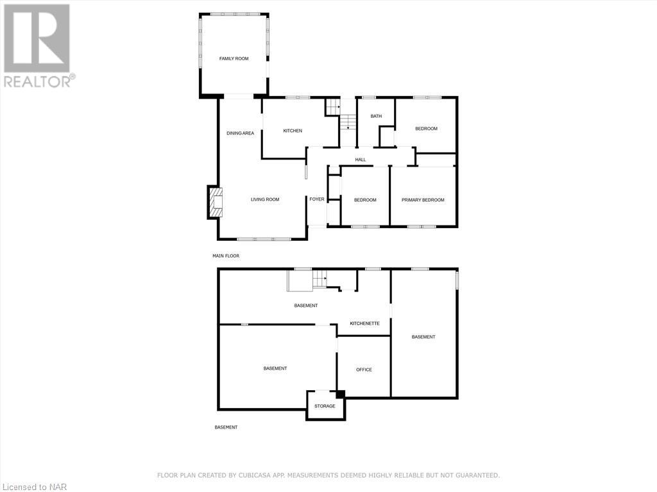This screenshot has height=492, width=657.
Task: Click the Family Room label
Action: pos(234,59)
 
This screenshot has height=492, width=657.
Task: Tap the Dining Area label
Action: pos(240,133)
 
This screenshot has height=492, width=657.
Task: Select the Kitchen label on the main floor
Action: pos(293,131)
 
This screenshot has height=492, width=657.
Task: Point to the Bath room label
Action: pos(376,116)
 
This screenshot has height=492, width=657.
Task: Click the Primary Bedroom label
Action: pos(423,200)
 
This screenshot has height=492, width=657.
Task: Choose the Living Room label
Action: pos(265,199)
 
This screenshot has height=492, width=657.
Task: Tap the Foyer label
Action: pos(317,199)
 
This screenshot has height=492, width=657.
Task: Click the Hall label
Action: pos(361,160)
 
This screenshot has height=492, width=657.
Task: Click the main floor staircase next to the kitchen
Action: pos(347,120)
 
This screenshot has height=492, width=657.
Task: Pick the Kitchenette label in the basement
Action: pos(364,324)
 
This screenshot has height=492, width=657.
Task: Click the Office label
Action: pos(364,370)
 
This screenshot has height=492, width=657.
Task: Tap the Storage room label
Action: pos(325,406)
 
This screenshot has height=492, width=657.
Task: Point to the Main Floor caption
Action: pos(226,256)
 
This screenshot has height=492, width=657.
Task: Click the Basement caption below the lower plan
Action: pos(226,427)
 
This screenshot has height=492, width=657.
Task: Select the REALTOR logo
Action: pos(38,45)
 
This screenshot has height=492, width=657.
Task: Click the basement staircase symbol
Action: pos(320,279)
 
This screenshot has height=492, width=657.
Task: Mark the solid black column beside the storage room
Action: pos(341,395)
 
